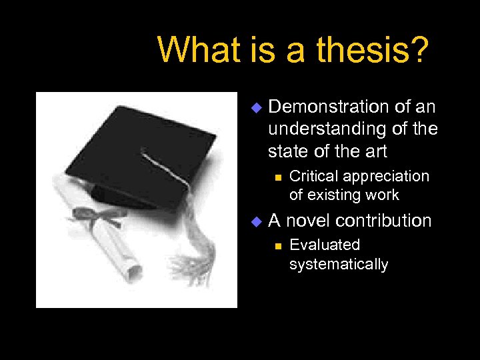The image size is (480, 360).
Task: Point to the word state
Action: click(287, 151)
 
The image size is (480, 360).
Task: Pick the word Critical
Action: click(313, 177)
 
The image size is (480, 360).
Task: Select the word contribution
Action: click(386, 221)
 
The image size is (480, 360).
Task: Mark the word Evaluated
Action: click(325, 245)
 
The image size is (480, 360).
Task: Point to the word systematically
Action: click(339, 265)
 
